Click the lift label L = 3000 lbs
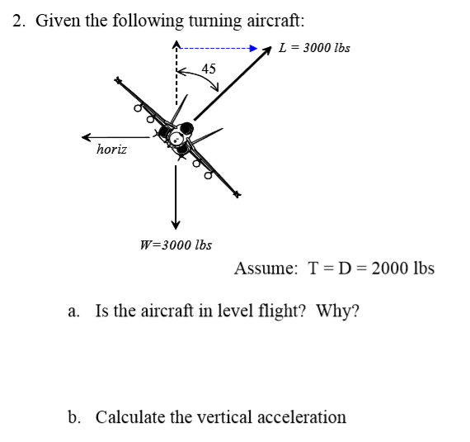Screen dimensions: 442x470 click(x=314, y=47)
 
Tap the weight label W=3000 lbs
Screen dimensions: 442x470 click(x=176, y=245)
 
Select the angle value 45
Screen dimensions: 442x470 click(x=209, y=69)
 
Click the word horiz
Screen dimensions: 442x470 click(x=111, y=150)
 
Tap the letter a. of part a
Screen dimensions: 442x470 click(x=74, y=311)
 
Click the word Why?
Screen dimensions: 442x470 click(x=338, y=311)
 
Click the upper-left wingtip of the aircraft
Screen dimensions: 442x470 click(x=118, y=81)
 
